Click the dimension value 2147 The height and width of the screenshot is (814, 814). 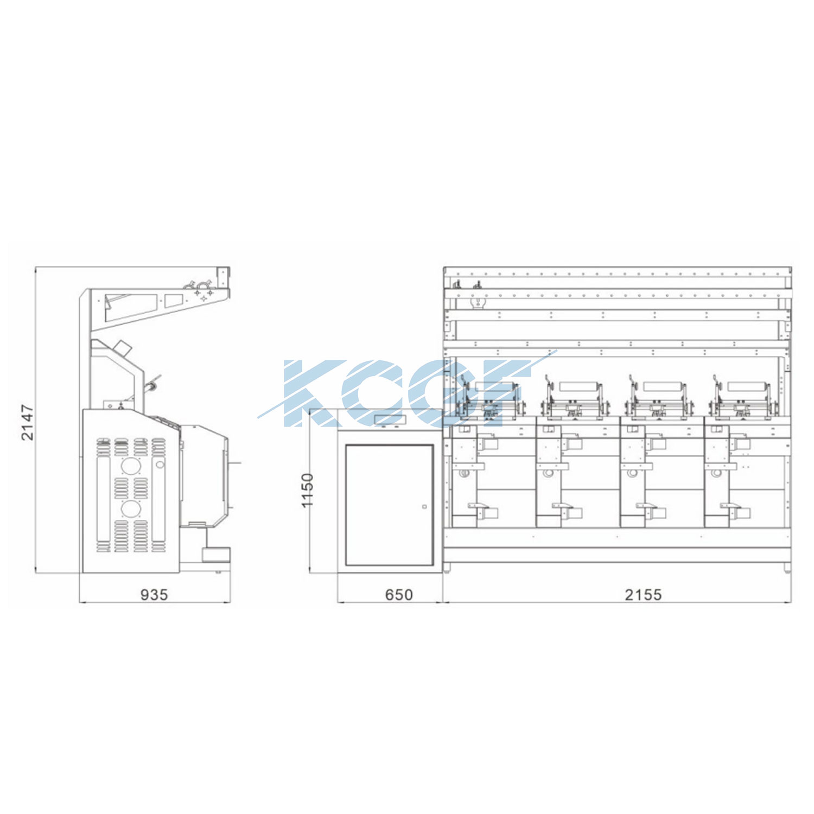point(27,422)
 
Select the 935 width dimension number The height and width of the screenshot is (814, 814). point(154,595)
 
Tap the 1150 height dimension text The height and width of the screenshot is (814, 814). point(308,491)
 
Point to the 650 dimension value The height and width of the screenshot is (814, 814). point(399,595)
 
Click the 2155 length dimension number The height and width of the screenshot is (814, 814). point(643,595)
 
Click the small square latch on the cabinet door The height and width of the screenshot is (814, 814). point(424,507)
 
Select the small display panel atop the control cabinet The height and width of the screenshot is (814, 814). point(390,419)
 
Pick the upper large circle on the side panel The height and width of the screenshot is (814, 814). point(130,466)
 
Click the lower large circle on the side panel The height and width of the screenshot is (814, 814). point(130,509)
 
